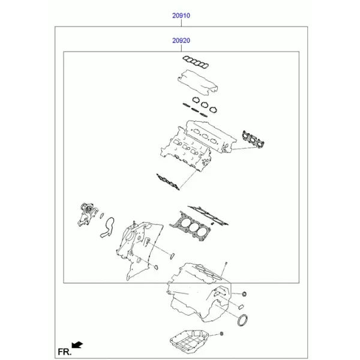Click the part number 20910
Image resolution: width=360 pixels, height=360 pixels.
click(x=181, y=16)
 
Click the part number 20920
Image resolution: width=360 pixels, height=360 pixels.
click(x=181, y=40)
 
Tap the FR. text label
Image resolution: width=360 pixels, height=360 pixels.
click(x=65, y=352)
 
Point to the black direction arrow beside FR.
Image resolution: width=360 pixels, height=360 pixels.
click(x=77, y=345)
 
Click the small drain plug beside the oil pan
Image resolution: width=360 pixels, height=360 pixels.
click(x=221, y=334)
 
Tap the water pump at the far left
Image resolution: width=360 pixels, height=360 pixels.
click(x=86, y=214)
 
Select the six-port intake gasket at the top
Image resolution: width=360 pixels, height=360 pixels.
click(x=196, y=62)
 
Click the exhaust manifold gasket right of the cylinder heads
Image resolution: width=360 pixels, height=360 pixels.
click(x=253, y=139)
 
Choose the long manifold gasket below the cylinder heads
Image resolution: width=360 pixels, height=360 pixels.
click(x=168, y=182)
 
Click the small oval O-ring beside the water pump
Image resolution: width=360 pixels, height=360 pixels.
click(x=102, y=215)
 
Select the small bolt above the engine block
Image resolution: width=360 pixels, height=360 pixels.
click(x=226, y=264)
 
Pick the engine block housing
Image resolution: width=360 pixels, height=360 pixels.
click(x=199, y=293)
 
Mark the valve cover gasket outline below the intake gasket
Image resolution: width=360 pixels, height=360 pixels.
click(x=197, y=82)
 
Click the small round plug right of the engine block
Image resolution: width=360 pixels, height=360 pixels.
click(x=244, y=293)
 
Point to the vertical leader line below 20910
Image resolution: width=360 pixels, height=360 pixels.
click(x=181, y=23)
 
